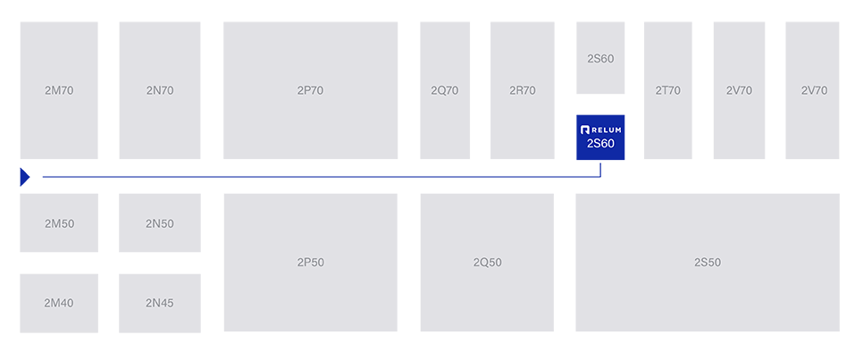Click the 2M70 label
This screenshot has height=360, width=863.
tap(59, 90)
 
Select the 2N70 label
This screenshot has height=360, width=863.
tap(160, 90)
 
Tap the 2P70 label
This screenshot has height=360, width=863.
tap(310, 90)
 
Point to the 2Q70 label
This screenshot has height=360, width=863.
tap(444, 90)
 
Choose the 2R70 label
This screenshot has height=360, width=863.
tap(523, 90)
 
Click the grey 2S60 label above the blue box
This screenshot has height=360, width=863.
tap(600, 59)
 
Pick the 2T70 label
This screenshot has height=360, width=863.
tap(667, 90)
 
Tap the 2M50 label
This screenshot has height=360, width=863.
tap(59, 223)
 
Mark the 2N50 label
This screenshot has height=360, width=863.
tap(160, 223)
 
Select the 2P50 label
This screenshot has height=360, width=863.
tap(310, 263)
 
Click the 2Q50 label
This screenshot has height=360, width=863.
tap(487, 263)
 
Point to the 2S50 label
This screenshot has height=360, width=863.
tap(707, 263)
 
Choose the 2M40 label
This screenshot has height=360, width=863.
tap(59, 303)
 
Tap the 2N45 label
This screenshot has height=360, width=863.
tap(160, 303)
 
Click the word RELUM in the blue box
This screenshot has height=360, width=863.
tap(607, 130)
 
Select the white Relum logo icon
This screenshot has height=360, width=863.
tap(585, 130)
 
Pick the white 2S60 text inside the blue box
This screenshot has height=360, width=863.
tap(600, 144)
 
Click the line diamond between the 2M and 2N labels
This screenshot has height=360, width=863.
tap(108, 176)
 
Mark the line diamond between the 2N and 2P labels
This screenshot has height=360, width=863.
tap(212, 176)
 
